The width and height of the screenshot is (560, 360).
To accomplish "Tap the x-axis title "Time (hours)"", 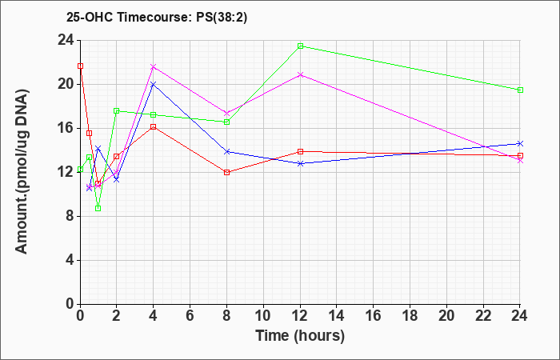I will (x=300, y=335).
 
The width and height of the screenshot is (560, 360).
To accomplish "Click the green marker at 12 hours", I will (x=301, y=46).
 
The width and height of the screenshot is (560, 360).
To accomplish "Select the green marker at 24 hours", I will (x=521, y=90).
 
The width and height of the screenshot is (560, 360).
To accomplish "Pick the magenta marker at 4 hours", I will (x=154, y=66).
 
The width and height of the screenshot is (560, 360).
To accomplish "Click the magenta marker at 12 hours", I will (x=301, y=74).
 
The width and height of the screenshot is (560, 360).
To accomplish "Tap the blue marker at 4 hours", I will (x=154, y=84).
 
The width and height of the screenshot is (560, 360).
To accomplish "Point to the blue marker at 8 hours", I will (x=227, y=151).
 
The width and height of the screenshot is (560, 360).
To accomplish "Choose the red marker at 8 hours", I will (x=227, y=172).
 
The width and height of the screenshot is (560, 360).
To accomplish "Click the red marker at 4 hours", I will (x=154, y=126).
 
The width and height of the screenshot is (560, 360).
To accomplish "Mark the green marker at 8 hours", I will (x=227, y=122).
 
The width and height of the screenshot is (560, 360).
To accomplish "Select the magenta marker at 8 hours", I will (x=227, y=113).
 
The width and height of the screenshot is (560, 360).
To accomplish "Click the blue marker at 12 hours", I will (x=301, y=163).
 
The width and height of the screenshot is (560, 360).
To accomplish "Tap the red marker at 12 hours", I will (x=301, y=151).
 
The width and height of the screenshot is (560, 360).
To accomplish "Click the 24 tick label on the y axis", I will (x=65, y=40).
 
